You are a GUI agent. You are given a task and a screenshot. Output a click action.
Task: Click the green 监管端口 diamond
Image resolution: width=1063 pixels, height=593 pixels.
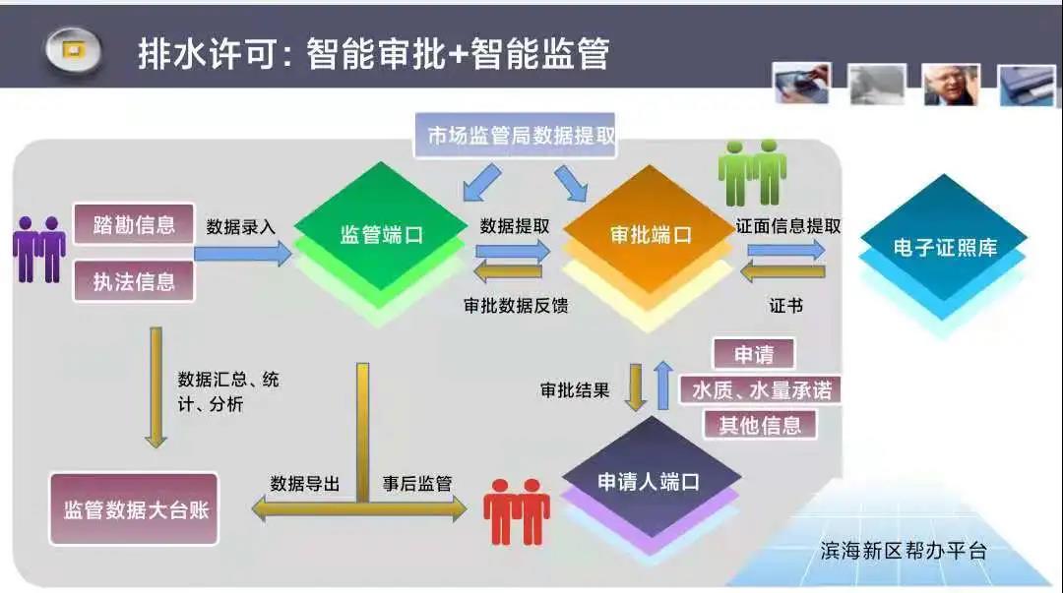[x=380, y=234]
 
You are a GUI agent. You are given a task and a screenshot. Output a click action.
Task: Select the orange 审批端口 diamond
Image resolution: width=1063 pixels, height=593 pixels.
[x=649, y=235]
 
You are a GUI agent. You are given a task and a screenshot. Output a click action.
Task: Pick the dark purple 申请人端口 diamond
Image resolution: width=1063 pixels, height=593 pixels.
[x=651, y=481]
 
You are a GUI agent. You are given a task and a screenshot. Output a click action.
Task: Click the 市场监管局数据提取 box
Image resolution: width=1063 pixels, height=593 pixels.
[x=515, y=135]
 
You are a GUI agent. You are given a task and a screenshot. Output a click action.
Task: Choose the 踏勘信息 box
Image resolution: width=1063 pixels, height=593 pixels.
[x=134, y=223]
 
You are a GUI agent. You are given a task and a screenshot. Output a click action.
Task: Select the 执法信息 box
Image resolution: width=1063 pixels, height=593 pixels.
[x=134, y=280]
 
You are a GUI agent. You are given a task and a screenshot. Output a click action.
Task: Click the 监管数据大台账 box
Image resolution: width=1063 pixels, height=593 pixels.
[x=134, y=509]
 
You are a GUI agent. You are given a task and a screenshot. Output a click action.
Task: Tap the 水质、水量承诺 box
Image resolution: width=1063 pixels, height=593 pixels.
[x=760, y=389]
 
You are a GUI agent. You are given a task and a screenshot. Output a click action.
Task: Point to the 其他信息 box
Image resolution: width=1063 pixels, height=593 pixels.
[x=759, y=425]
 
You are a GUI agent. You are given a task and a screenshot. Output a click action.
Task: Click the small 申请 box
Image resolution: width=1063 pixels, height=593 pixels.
[x=754, y=354]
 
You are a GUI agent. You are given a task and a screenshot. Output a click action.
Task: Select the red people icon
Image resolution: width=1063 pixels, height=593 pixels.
[x=517, y=511]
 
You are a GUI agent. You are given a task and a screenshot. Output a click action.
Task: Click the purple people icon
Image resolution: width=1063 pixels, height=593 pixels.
[x=39, y=249]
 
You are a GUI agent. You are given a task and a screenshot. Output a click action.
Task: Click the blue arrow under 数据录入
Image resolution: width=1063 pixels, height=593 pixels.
[x=243, y=254]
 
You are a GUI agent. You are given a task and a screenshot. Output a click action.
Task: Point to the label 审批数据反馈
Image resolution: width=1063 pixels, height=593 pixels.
[x=516, y=306]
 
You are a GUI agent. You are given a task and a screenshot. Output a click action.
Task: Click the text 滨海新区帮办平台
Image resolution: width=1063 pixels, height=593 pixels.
[x=903, y=551]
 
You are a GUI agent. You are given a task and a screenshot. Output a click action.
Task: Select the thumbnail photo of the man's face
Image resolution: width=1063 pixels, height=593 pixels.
[x=951, y=85]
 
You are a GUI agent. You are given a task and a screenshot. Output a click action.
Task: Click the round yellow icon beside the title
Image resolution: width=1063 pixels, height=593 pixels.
[x=73, y=50]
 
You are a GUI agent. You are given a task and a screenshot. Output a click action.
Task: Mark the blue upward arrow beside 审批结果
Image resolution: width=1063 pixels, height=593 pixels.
[x=663, y=385]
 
